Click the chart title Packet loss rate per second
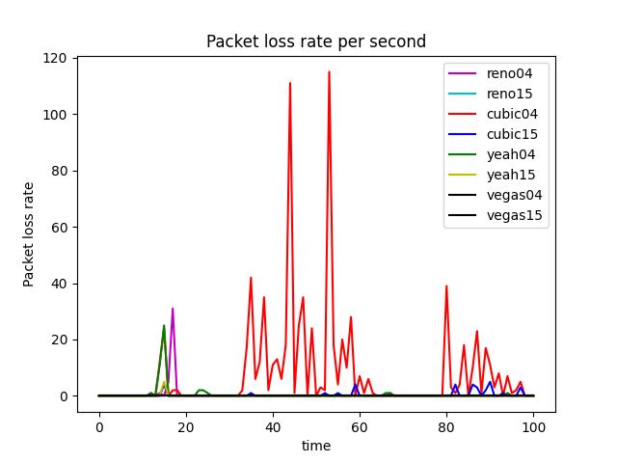315,41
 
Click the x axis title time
315,446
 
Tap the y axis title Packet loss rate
29,234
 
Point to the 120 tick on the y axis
54,58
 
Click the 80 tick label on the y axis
58,171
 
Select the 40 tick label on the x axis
273,427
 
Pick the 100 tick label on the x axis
533,427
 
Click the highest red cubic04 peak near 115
329,71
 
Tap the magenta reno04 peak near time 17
173,309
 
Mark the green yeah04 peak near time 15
164,325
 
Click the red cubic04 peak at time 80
446,286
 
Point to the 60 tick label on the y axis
58,227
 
